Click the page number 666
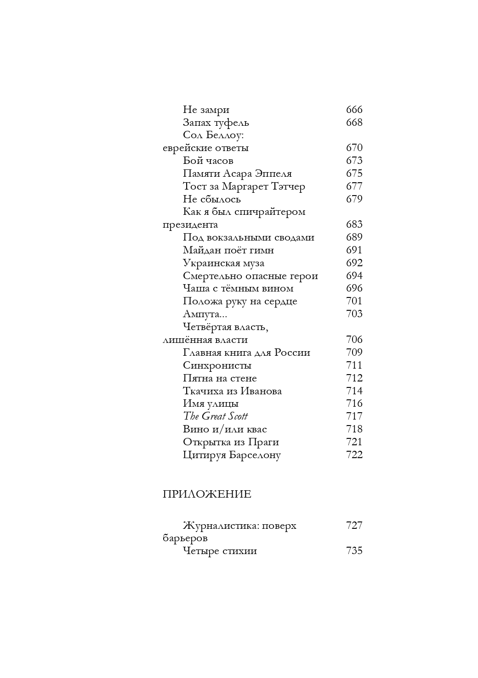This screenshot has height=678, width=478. pyautogui.click(x=354, y=110)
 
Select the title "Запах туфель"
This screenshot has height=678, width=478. pyautogui.click(x=216, y=123)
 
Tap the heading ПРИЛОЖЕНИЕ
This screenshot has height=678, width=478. pyautogui.click(x=207, y=494)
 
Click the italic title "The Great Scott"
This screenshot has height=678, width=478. pyautogui.click(x=215, y=416)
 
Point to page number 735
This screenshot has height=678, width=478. pyautogui.click(x=354, y=551)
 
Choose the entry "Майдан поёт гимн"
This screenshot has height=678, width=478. pyautogui.click(x=228, y=250)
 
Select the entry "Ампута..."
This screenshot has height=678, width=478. pyautogui.click(x=205, y=314)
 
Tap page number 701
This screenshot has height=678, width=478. pyautogui.click(x=354, y=301)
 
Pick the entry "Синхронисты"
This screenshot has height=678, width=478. pyautogui.click(x=217, y=365)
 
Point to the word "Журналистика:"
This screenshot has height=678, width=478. pyautogui.click(x=218, y=526)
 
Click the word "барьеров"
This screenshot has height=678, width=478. pyautogui.click(x=185, y=538)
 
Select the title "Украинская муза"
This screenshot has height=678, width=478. pyautogui.click(x=223, y=263)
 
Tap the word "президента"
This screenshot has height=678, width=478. pyautogui.click(x=190, y=225)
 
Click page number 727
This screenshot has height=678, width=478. pyautogui.click(x=354, y=526)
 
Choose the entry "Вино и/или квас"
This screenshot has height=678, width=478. pyautogui.click(x=225, y=429)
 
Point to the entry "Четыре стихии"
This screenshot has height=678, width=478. pyautogui.click(x=220, y=551)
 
